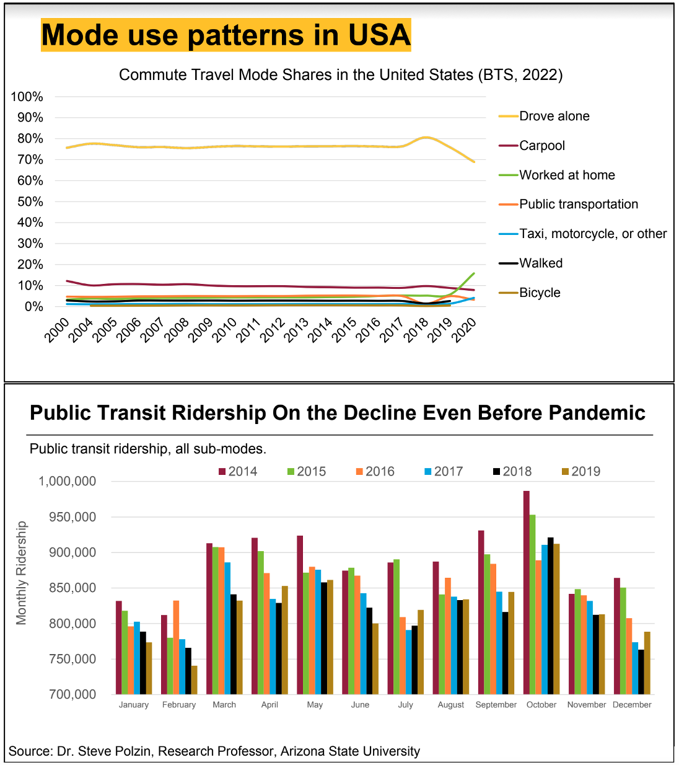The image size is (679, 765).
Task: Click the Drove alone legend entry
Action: (554, 116)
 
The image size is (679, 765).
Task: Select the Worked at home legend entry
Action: (567, 175)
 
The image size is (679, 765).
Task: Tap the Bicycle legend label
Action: (539, 293)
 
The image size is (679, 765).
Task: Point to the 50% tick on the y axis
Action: (27, 201)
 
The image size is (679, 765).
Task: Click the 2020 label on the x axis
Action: (465, 329)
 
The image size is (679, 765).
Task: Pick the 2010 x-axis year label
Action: (225, 329)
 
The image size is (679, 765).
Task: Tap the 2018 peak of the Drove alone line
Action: (426, 137)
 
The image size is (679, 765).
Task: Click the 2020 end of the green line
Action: (474, 273)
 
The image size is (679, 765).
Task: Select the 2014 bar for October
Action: (527, 592)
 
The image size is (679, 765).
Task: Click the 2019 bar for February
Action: (194, 679)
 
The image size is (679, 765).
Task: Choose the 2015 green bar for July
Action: (396, 626)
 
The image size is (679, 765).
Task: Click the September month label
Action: (496, 705)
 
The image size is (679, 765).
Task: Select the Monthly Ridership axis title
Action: (22, 573)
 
